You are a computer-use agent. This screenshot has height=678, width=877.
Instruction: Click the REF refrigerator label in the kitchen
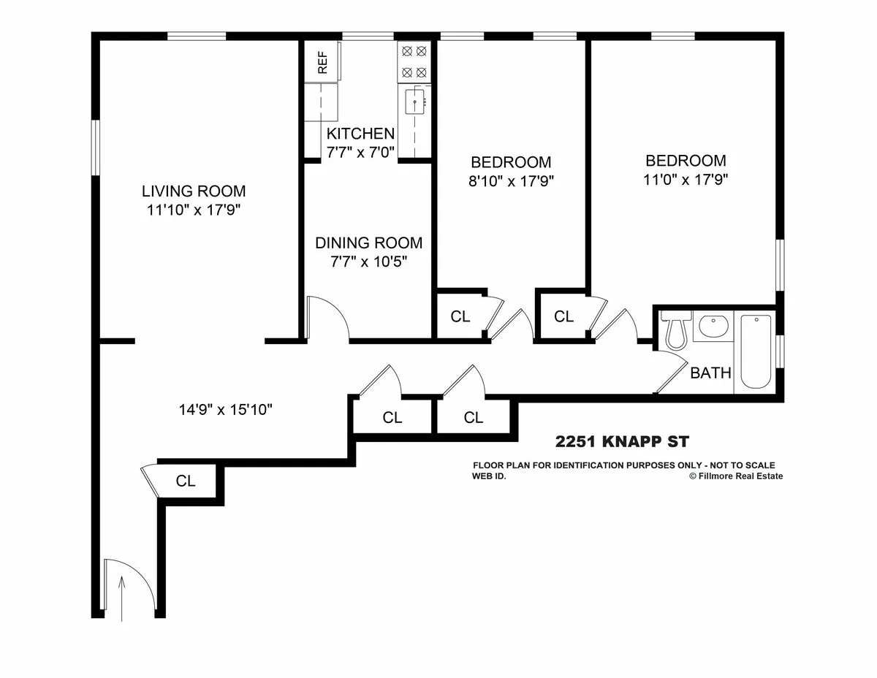click(x=322, y=62)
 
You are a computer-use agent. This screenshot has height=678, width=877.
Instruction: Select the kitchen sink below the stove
click(x=414, y=103)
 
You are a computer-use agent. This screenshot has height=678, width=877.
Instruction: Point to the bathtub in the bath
click(x=756, y=351)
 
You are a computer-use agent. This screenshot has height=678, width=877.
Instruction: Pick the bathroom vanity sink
click(x=711, y=326)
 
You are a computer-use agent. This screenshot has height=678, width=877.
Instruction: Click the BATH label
click(x=710, y=373)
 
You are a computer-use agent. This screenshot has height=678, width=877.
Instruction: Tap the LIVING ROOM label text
click(x=194, y=191)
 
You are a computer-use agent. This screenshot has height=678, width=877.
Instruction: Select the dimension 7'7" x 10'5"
click(x=368, y=262)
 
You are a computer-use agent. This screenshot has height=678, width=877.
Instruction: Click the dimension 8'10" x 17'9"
click(x=510, y=180)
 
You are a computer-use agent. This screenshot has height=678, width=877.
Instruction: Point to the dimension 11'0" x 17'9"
click(x=686, y=179)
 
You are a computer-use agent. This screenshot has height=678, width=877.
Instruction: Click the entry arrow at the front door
click(x=122, y=592)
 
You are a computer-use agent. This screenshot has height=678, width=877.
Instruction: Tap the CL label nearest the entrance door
click(x=186, y=481)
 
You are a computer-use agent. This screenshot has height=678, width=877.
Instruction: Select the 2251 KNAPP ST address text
click(x=621, y=441)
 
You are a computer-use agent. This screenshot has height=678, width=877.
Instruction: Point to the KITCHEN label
click(x=360, y=134)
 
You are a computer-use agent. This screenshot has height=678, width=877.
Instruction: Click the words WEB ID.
click(x=489, y=476)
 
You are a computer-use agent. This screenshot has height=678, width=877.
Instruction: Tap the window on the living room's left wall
click(x=95, y=148)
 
